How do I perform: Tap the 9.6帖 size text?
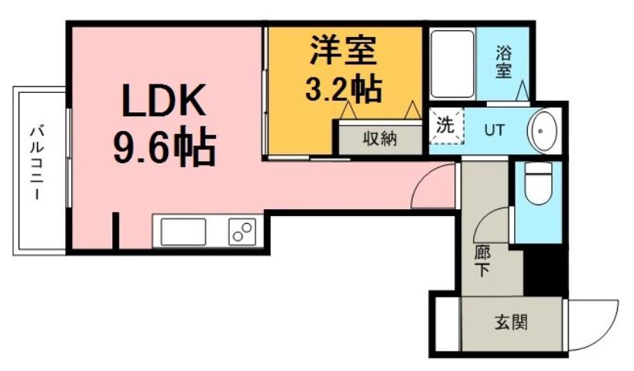tap(164, 146)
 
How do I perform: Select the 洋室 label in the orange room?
tap(343, 51)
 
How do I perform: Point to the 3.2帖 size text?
tap(343, 88)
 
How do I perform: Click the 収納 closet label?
tap(379, 139)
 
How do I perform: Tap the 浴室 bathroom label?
tap(503, 62)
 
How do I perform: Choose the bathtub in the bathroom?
tap(451, 64)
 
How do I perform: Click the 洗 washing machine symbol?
tap(444, 126)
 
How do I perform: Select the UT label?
tap(493, 130)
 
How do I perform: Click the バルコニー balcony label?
tap(36, 171)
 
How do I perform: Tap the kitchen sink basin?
tap(183, 232)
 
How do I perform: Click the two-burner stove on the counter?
tap(242, 232)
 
